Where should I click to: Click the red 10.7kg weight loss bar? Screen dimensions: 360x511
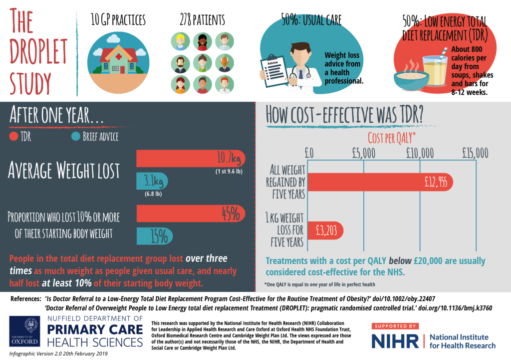(x=190, y=159)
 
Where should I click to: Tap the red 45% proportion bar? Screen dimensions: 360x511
(x=190, y=213)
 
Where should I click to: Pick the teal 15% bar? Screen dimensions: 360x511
(x=154, y=236)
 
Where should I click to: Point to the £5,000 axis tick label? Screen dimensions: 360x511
(x=363, y=153)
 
